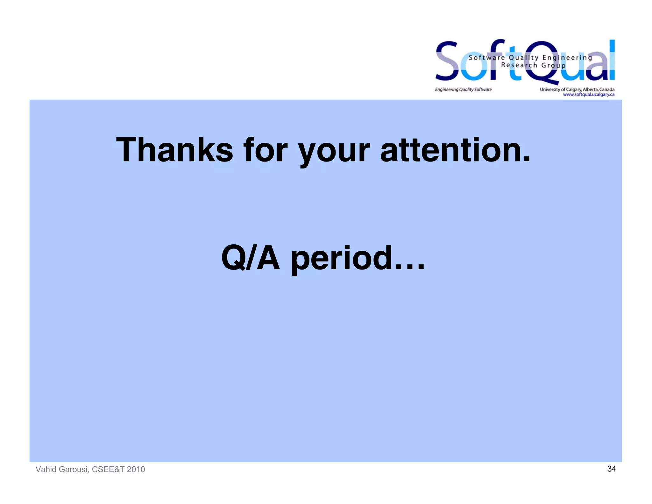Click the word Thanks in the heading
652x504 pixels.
(174, 150)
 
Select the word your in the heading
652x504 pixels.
(334, 151)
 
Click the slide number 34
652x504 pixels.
(611, 469)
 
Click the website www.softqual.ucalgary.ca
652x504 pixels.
(588, 95)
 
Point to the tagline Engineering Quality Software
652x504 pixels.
(463, 90)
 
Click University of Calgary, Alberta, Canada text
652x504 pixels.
(577, 90)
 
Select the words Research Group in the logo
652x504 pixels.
(533, 65)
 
